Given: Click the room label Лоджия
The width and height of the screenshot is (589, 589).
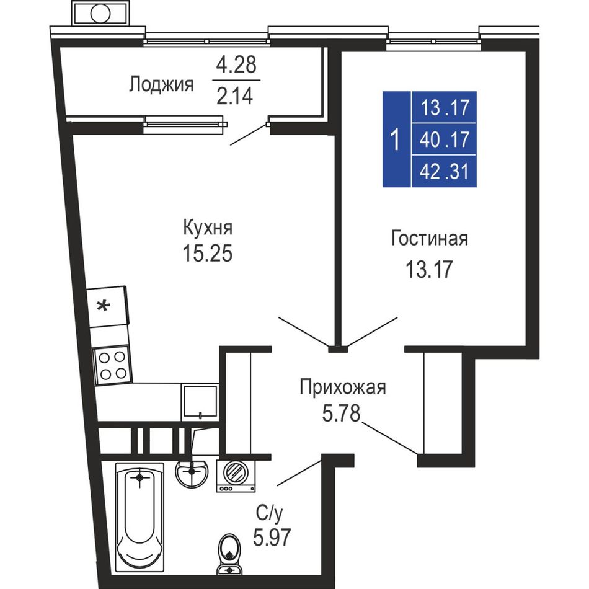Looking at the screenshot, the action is click(x=161, y=84).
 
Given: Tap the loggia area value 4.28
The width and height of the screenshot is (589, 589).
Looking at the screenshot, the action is click(x=236, y=64).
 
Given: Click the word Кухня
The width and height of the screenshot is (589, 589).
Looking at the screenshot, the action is click(x=208, y=228).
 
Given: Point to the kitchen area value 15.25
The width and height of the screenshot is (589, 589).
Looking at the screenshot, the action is click(x=208, y=253).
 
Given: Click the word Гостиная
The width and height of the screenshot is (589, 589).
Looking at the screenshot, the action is click(x=430, y=238).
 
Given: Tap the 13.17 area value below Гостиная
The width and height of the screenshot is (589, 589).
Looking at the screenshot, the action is click(x=429, y=269).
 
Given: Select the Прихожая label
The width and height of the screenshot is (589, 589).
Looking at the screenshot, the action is click(x=343, y=387).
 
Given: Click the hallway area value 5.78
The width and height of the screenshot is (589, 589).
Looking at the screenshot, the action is click(x=341, y=413).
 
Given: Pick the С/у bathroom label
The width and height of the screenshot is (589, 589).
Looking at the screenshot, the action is click(x=269, y=513).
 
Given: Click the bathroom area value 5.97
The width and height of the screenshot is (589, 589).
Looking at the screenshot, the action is click(x=272, y=537).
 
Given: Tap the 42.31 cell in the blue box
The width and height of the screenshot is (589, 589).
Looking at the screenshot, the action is click(x=445, y=172).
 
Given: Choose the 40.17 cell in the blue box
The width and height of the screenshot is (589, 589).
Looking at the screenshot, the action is click(x=445, y=139).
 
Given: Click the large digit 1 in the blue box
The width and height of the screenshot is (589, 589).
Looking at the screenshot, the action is click(x=395, y=139).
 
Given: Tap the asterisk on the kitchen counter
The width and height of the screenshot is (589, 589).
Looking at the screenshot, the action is click(x=104, y=306).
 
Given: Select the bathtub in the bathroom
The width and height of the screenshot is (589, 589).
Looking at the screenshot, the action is click(x=139, y=517).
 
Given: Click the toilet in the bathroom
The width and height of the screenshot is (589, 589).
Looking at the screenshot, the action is click(x=229, y=554).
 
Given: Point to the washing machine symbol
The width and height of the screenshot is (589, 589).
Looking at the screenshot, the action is click(x=236, y=476).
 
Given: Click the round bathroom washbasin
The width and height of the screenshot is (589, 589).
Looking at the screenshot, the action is click(x=192, y=472).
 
